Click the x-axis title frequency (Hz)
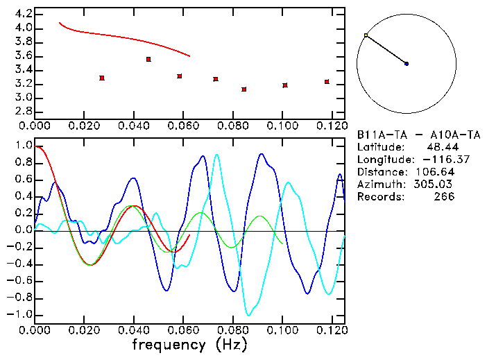coord(189,345)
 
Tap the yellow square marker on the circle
coord(366,35)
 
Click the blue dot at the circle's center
coord(407,64)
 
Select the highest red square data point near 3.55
coord(148,60)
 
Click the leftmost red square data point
coord(102,78)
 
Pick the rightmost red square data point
coord(327,82)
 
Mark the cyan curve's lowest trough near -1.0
coord(248,315)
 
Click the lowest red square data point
coord(244,89)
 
